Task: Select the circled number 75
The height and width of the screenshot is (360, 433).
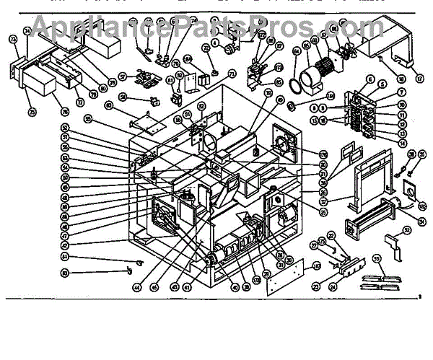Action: [32, 111]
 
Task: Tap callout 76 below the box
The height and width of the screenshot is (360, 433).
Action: [64, 111]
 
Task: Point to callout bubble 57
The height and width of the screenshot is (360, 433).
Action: [123, 74]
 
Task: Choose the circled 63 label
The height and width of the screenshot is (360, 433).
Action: [109, 105]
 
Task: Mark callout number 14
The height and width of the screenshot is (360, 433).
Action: [402, 143]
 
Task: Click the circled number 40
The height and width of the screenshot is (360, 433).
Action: [235, 287]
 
